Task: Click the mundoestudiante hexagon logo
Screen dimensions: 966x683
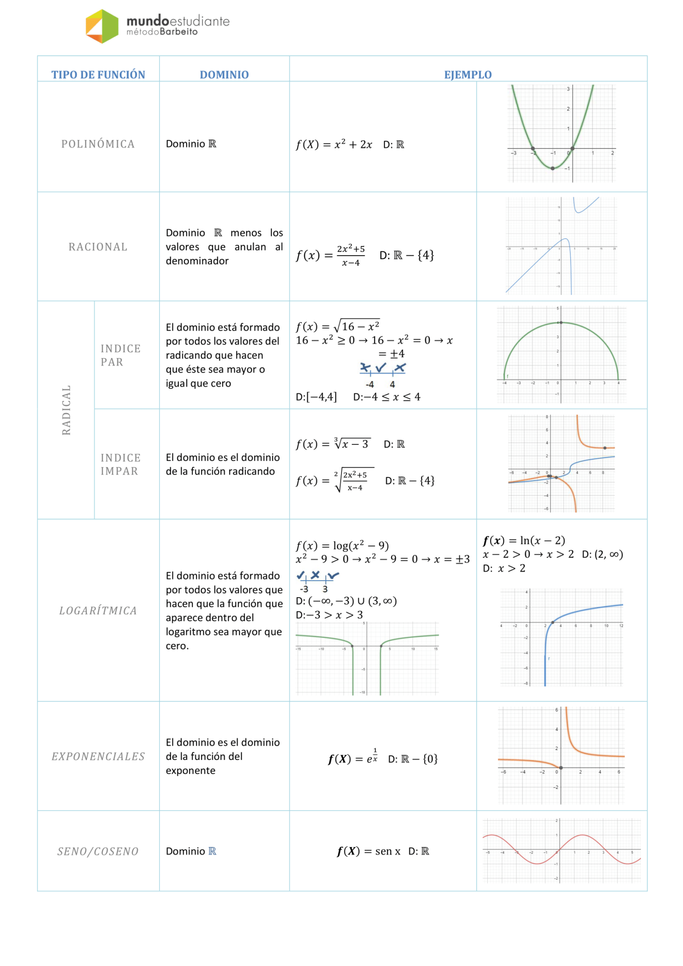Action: click(102, 26)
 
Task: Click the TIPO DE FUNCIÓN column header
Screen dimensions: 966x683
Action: click(98, 75)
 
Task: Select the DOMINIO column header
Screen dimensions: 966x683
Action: click(224, 75)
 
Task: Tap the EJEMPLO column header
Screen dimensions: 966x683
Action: click(467, 75)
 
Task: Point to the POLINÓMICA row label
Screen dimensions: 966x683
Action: click(98, 144)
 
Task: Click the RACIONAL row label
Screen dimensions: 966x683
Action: click(98, 247)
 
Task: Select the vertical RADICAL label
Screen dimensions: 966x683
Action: click(67, 410)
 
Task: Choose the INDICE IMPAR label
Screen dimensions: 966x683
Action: click(120, 464)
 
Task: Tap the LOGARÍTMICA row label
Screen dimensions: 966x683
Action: click(98, 610)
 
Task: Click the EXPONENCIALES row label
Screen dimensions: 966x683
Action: click(98, 756)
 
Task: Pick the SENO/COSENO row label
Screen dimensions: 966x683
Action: click(98, 851)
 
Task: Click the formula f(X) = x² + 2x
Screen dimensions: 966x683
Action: click(334, 144)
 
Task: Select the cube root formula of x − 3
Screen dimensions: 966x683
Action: click(333, 444)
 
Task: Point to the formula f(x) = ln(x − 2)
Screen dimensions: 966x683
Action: click(524, 540)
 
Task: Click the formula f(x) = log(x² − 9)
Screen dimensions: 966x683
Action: click(342, 545)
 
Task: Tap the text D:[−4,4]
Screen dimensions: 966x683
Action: click(316, 397)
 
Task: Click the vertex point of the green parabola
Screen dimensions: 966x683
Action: click(553, 168)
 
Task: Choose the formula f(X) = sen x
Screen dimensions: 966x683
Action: click(368, 851)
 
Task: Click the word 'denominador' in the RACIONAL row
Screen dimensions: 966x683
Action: click(197, 261)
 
